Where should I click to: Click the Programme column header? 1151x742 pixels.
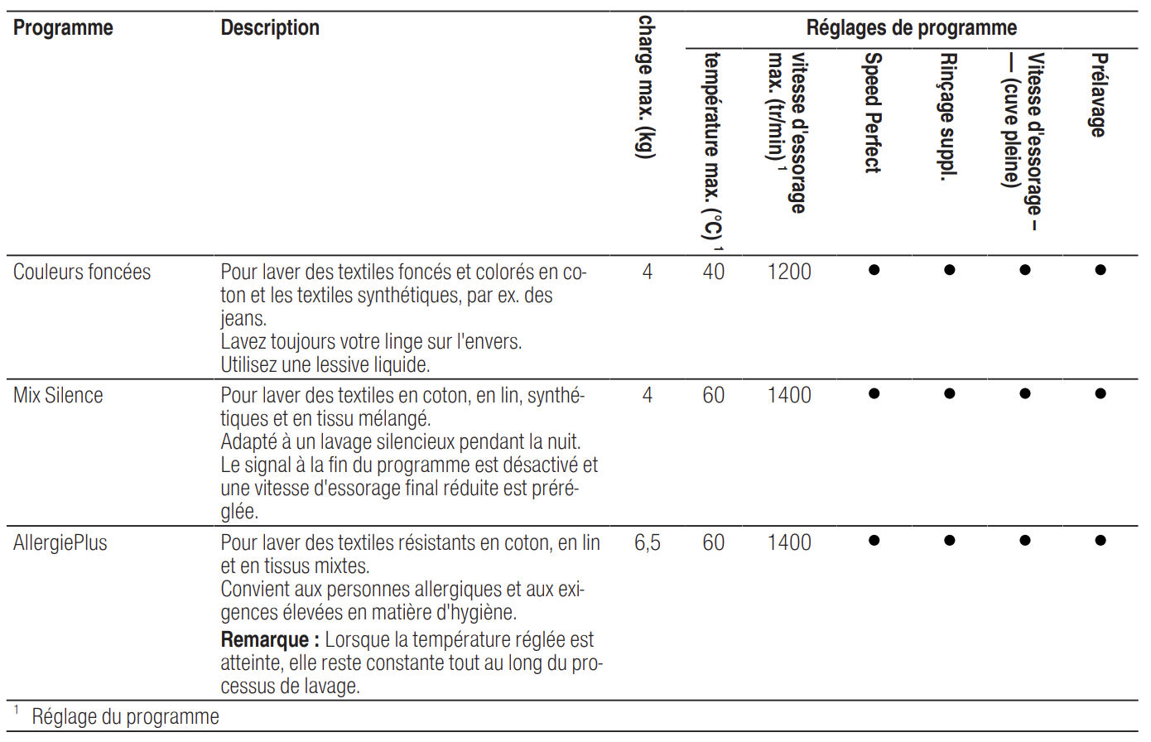63,28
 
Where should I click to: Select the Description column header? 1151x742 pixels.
270,28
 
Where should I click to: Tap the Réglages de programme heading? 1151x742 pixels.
911,28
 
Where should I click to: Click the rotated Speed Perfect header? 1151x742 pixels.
873,113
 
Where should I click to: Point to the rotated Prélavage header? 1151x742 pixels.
1099,94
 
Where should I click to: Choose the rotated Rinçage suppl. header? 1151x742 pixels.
949,116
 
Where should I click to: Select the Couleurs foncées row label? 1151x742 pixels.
82,272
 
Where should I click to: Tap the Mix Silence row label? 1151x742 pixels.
58,396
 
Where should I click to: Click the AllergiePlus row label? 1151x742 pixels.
60,543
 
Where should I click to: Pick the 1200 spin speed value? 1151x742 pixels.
789,272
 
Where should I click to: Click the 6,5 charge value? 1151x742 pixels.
648,543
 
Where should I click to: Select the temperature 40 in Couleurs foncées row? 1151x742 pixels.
713,272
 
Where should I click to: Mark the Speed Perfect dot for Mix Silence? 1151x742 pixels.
874,394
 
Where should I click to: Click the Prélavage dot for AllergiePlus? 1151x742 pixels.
1100,541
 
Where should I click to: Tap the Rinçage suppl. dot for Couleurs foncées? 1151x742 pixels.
949,270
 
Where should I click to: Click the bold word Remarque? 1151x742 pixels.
265,640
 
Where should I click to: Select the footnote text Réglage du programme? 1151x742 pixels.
126,717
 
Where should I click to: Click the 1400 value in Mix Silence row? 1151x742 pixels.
789,396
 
